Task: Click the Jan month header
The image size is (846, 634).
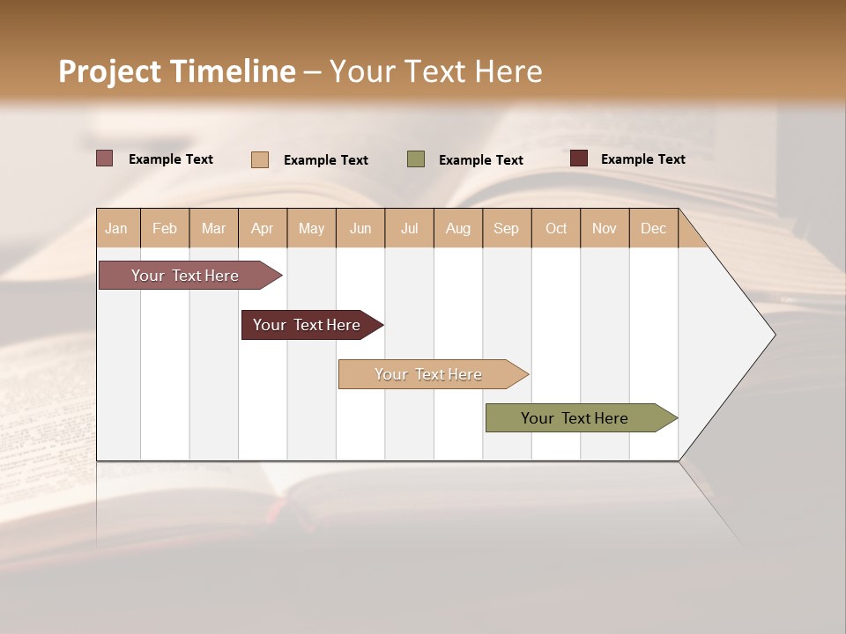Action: tap(117, 228)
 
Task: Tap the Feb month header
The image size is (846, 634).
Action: tap(165, 228)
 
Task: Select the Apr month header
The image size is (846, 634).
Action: tap(263, 228)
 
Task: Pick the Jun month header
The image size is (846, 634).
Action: tap(360, 228)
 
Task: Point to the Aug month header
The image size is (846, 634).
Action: tap(458, 228)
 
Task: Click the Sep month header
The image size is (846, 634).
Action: tap(507, 228)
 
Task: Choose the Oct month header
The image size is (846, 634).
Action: tap(556, 228)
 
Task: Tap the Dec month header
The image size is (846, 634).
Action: tap(654, 228)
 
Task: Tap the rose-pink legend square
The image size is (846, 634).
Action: tap(104, 158)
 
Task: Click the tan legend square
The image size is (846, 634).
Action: tap(260, 159)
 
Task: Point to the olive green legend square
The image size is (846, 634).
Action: tap(416, 158)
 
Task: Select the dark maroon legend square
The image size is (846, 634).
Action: tap(579, 158)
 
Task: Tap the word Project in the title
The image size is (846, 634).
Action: tap(110, 71)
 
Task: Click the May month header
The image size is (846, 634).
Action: tap(311, 228)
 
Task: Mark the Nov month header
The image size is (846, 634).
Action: tap(605, 228)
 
